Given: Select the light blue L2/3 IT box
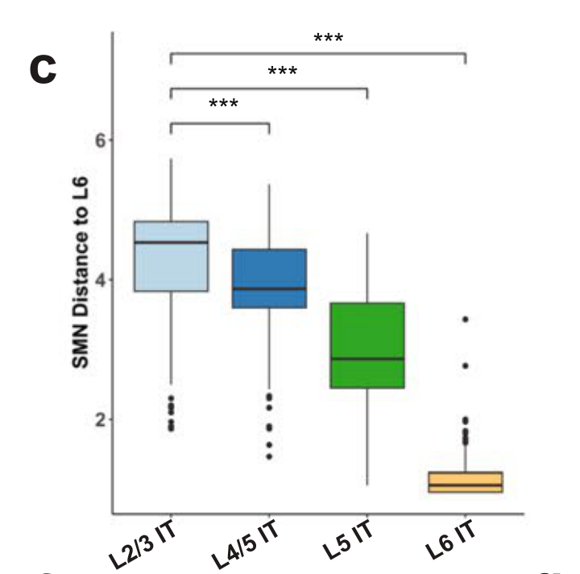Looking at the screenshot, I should click(x=171, y=256).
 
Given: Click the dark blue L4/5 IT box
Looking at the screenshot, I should click(x=269, y=278).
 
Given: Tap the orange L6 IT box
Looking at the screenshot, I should click(x=466, y=481).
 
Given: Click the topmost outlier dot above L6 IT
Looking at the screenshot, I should click(x=466, y=320).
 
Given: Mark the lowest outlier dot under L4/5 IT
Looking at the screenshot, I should click(x=269, y=456).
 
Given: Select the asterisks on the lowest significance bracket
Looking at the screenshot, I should click(x=223, y=104).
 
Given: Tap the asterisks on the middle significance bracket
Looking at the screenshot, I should click(x=283, y=72).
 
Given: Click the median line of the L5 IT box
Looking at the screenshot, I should click(x=367, y=358).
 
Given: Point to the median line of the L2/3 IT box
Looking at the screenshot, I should click(x=171, y=242).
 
